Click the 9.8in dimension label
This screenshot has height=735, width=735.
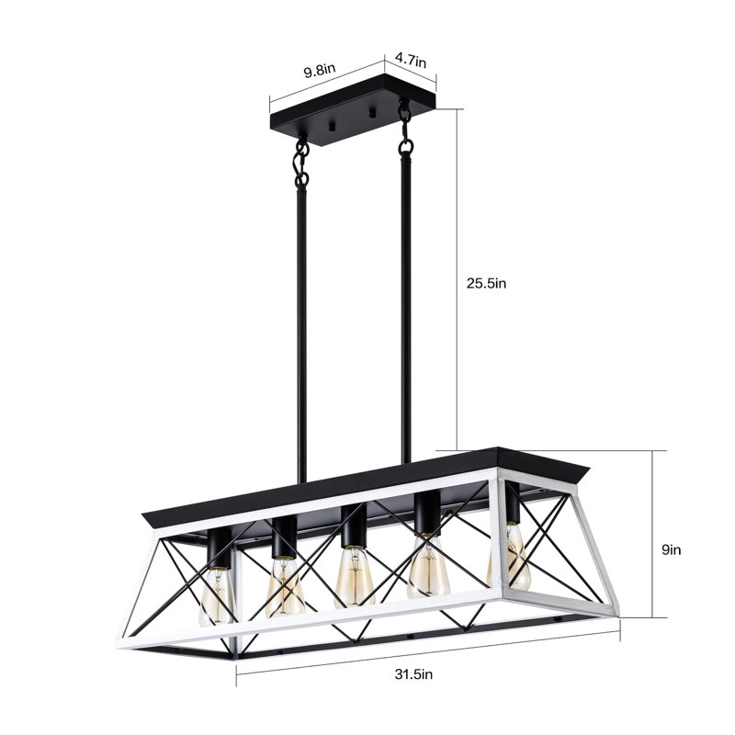point(320,72)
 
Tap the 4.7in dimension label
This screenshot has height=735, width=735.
point(410,60)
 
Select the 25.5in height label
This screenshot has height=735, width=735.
point(486,284)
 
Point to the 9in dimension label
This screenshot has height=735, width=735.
point(672,549)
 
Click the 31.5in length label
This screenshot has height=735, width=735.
point(413,674)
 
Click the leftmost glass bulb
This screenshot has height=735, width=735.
point(217,595)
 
